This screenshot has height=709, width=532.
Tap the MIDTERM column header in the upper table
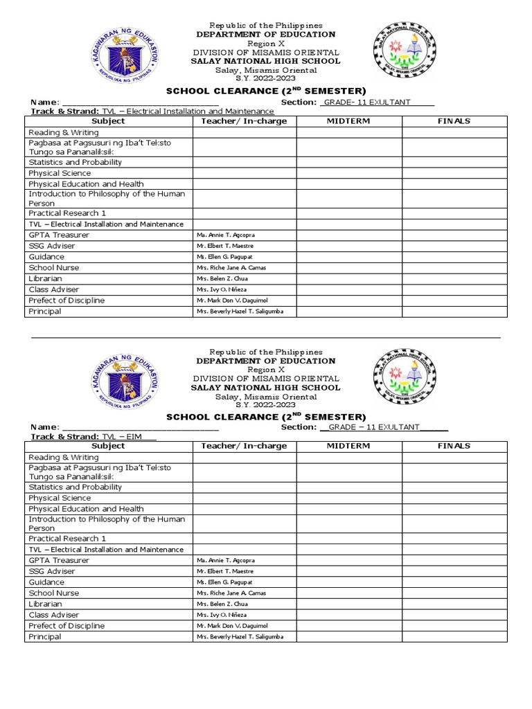[348, 121]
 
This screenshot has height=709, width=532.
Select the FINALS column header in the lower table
[454, 446]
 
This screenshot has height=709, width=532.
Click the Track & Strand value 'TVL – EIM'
[128, 437]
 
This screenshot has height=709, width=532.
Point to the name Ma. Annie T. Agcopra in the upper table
[226, 235]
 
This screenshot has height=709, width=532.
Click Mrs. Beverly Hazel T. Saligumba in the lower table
[240, 637]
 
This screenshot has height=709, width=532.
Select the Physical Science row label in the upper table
[60, 173]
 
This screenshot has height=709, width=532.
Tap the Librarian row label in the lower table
[45, 604]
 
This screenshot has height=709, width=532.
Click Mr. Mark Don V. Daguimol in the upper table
[231, 300]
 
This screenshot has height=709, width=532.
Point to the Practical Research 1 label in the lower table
[67, 539]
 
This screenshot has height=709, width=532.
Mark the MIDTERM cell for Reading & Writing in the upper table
[349, 132]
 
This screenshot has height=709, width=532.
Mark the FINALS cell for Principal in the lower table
[454, 637]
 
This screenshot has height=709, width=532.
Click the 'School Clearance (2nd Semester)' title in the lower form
[266, 417]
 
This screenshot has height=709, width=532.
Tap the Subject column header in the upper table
[108, 121]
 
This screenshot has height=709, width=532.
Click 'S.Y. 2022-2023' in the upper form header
[266, 78]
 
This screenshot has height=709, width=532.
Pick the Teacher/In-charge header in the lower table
[244, 446]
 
